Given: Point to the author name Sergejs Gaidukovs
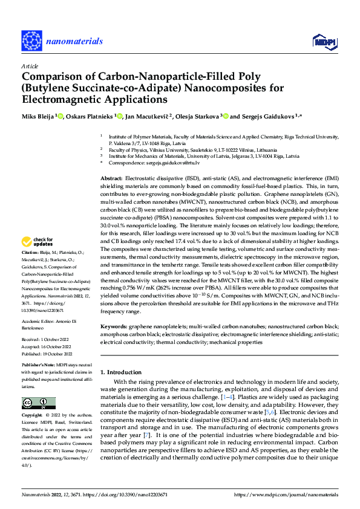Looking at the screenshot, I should point(267,116).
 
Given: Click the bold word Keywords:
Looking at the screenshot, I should point(113,326).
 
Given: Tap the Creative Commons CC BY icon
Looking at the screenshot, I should point(38,403).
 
